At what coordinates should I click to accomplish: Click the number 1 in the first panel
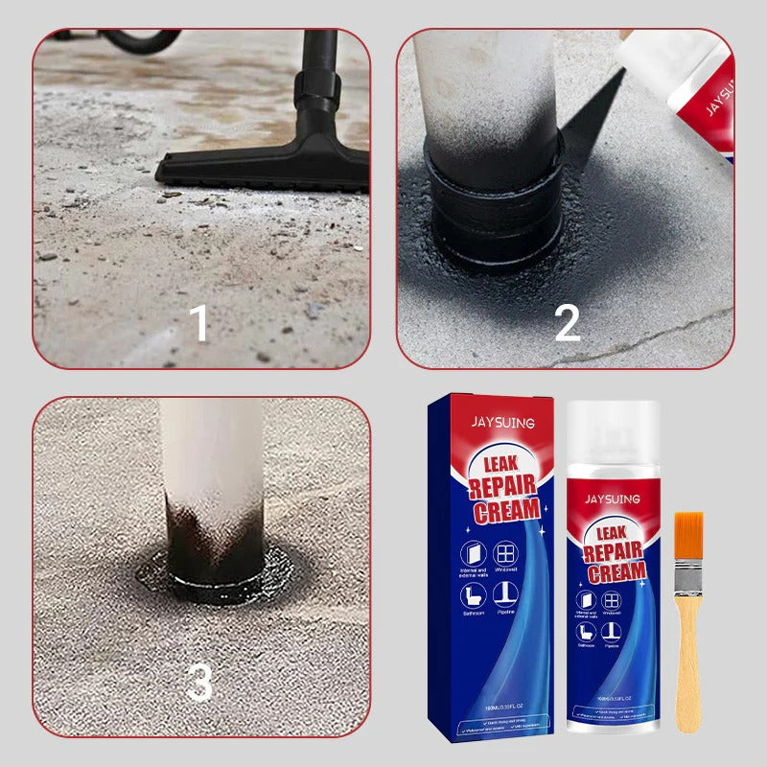[198, 323]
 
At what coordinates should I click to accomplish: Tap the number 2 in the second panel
[567, 323]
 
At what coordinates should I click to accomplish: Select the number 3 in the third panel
[198, 683]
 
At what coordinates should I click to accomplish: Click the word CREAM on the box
[505, 510]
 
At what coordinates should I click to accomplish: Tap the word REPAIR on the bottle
[615, 554]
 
